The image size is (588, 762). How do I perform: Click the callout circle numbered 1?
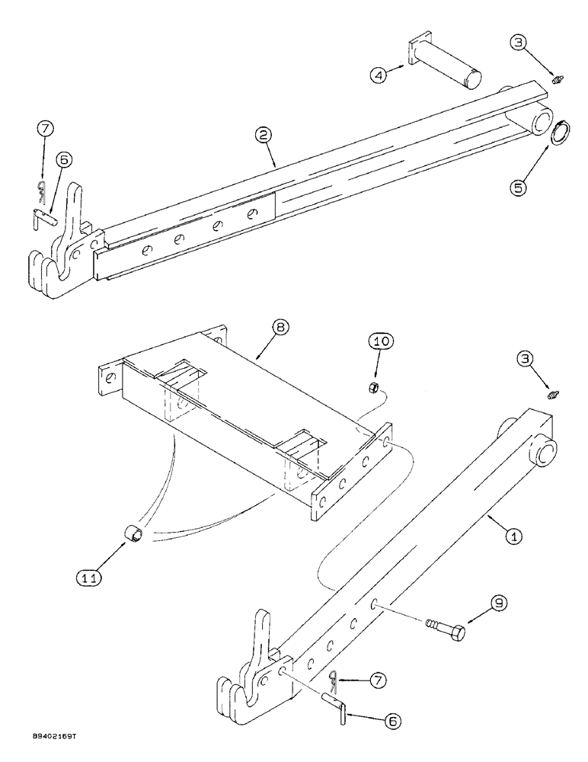514,536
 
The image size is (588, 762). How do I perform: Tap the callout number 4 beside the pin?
379,75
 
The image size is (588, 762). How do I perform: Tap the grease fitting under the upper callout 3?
557,78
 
